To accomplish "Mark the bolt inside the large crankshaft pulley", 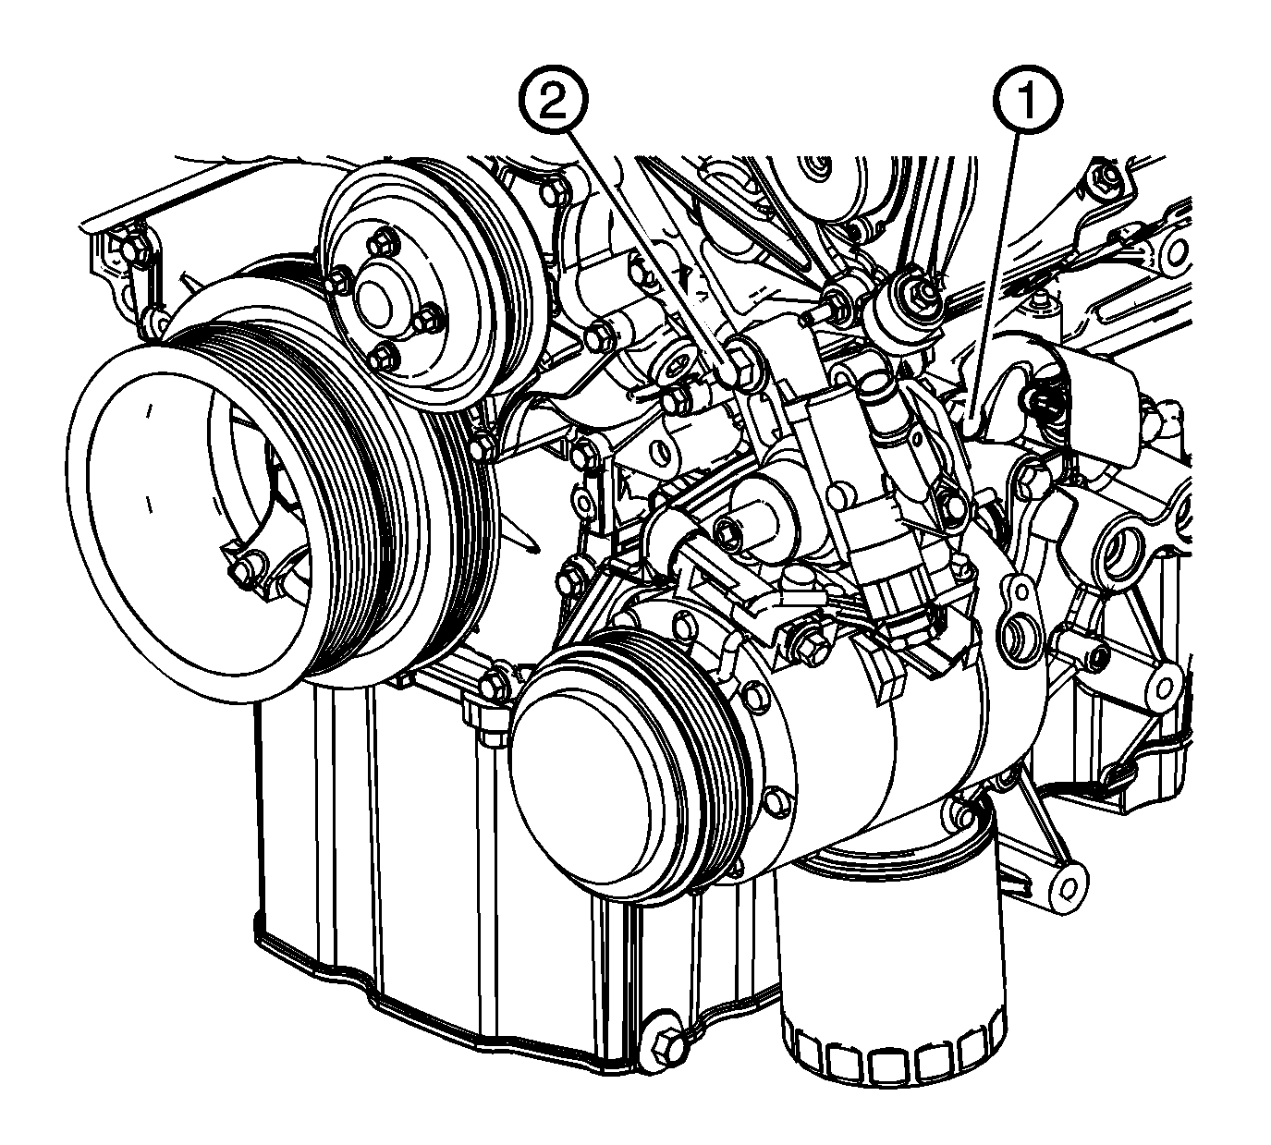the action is pos(245,569).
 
